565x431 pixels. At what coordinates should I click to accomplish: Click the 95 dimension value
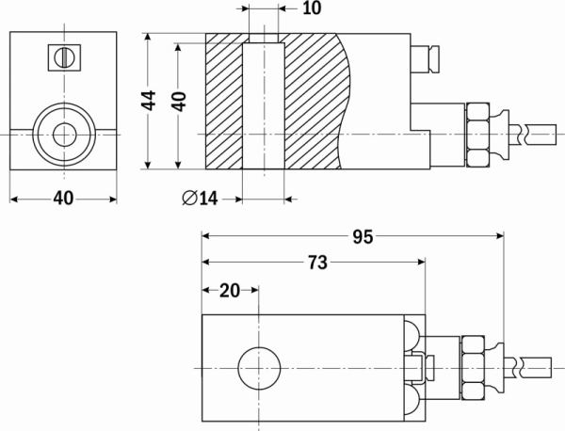click(363, 237)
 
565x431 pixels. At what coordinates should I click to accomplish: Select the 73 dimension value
click(318, 263)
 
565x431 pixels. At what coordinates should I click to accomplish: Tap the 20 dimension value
click(230, 291)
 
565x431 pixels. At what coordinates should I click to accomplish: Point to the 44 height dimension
click(149, 100)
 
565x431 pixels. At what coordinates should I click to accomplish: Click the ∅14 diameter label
click(200, 199)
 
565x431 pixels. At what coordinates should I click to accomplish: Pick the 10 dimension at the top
click(312, 8)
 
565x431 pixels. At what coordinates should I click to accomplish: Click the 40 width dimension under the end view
click(63, 198)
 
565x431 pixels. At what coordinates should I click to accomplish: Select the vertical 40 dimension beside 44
click(179, 102)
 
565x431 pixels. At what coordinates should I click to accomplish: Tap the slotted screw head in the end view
click(64, 57)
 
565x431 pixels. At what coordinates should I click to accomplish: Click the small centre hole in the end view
click(64, 135)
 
